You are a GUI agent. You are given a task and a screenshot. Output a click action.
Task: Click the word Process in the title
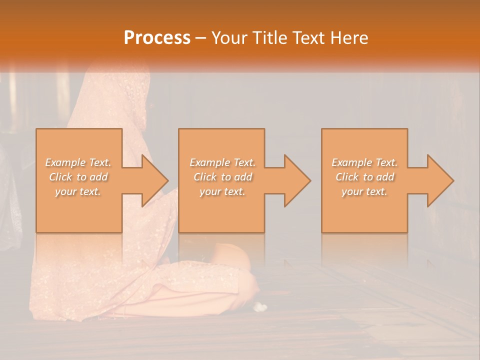point(157,38)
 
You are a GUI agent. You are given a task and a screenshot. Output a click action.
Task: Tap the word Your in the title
point(229,38)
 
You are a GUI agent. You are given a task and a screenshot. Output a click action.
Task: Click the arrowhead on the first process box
point(153,180)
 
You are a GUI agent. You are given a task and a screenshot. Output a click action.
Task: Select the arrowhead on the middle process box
point(296,180)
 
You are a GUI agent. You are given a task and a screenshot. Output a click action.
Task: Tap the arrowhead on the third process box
point(439,180)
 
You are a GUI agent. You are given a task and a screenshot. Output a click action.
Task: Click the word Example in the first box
point(65,162)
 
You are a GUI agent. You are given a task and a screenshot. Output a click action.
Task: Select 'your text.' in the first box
point(78,191)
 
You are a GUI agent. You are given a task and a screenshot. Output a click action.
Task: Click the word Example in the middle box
point(209,162)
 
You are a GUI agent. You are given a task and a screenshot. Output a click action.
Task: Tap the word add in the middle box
point(242,177)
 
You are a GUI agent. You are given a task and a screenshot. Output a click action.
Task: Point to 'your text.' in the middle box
point(222,191)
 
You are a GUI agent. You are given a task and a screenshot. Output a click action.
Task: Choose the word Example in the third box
point(351,162)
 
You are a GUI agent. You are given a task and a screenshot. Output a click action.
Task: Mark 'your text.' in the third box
point(364,191)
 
